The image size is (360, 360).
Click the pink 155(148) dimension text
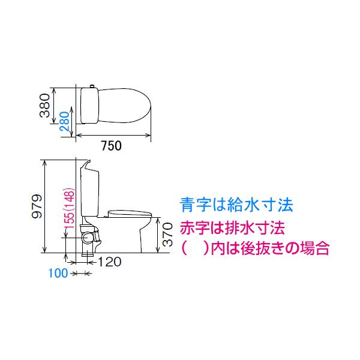pos(70,209)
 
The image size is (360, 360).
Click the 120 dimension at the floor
pos(109,262)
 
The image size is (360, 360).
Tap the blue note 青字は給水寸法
pos(236,206)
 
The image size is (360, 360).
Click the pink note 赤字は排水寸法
pos(231,228)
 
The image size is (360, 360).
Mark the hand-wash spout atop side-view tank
pos(85,163)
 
